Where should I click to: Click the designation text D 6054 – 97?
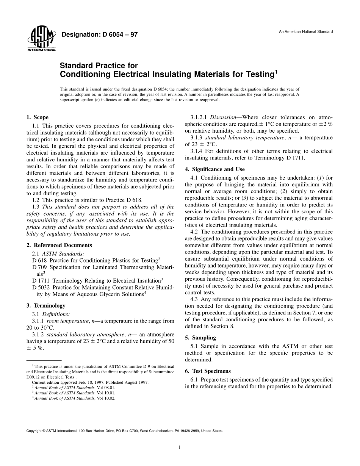[x=99, y=35]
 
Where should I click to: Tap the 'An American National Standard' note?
[x=306, y=31]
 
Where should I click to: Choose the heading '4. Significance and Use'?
[x=214, y=169]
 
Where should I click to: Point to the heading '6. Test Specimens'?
[x=208, y=371]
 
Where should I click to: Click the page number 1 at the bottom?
[x=180, y=447]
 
